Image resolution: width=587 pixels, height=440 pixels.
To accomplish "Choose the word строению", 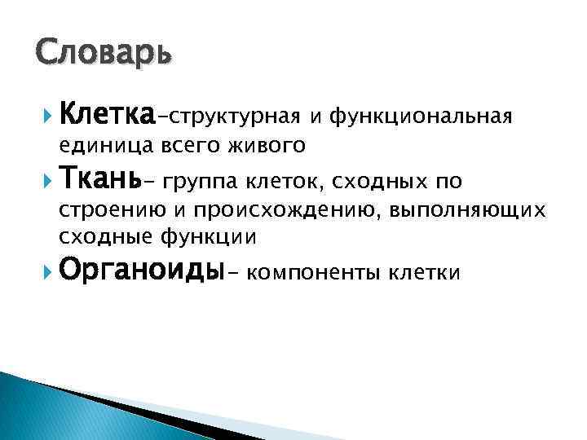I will tap(104, 209).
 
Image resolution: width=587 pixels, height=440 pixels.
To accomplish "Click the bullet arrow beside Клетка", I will tap(45, 116).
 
